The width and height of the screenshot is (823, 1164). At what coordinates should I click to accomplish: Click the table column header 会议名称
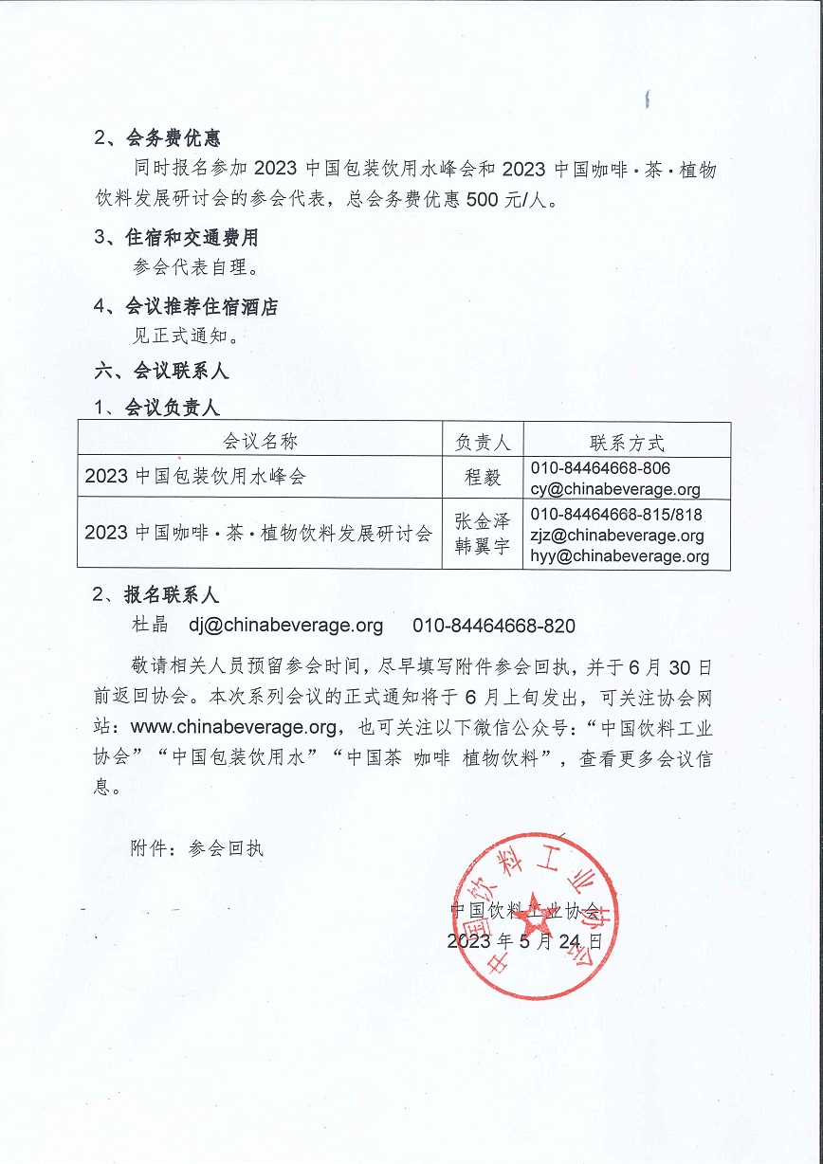pos(260,442)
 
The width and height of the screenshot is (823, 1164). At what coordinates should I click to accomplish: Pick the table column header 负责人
pos(483,442)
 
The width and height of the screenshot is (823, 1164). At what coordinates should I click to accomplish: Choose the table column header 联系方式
pos(627,442)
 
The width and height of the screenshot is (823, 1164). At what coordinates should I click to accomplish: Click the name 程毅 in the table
pos(483,478)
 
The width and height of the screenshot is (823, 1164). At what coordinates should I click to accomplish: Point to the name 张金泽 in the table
pos(483,522)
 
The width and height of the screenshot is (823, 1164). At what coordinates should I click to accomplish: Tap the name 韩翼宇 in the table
pos(483,546)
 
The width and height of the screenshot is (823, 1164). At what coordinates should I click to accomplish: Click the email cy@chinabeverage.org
pos(615,489)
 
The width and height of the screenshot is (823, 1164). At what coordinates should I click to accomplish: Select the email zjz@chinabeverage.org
pos(617,536)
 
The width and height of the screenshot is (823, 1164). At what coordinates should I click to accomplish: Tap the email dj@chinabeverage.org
pos(285,626)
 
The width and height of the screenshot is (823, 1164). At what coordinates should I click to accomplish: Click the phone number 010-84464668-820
pos(494,626)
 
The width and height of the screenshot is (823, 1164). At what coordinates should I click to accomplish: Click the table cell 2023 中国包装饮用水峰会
pos(195,477)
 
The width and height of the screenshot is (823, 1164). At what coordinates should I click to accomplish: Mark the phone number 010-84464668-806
pos(600,468)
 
